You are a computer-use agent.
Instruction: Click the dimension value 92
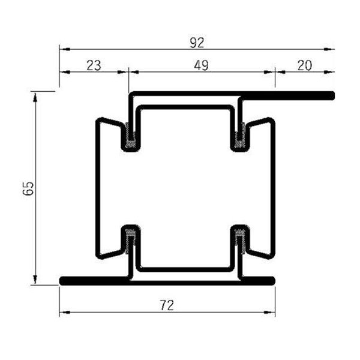coord(196,42)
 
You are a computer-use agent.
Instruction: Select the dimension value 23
coord(94,65)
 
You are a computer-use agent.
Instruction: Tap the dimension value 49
coord(202,65)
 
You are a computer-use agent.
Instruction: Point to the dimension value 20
coord(304,65)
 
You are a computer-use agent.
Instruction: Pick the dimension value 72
coord(167,305)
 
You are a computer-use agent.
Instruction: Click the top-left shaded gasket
coord(130,136)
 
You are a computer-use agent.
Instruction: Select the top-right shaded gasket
coord(240,136)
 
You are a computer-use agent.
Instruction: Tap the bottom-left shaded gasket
coord(130,239)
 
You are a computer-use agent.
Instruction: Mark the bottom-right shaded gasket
coord(240,239)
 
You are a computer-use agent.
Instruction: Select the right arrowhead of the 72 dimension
coord(271,313)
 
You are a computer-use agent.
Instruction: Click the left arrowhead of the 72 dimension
coord(63,313)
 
